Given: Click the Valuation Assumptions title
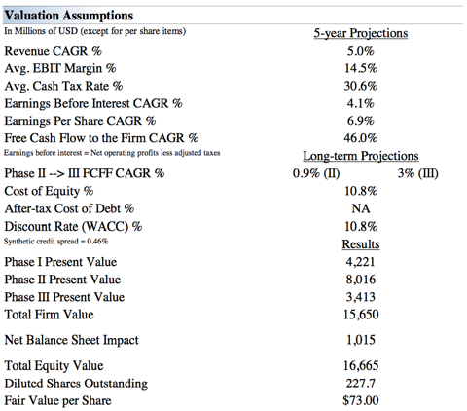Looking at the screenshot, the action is click(x=69, y=16).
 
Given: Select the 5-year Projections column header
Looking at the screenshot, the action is click(x=361, y=33).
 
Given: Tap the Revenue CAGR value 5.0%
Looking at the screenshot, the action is click(x=361, y=51).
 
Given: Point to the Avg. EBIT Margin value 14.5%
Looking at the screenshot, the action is click(x=361, y=68).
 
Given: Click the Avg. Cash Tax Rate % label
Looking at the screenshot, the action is click(x=63, y=86).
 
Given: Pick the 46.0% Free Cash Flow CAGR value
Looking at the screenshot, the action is click(x=361, y=138).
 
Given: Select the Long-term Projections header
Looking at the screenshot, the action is click(x=361, y=156).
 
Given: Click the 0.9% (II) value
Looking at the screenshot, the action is click(x=316, y=173).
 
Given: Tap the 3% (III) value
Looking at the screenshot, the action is click(x=418, y=173).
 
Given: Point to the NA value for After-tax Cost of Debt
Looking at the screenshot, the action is click(x=361, y=208).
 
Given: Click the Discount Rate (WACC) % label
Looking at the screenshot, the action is click(x=73, y=226).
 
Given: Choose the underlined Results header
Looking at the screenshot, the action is click(x=361, y=244).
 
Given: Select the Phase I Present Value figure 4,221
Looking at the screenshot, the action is click(x=361, y=262).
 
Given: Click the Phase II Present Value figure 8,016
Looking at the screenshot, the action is click(x=361, y=280).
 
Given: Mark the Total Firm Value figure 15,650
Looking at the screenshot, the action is click(x=361, y=315).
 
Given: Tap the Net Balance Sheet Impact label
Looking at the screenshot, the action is click(x=71, y=340).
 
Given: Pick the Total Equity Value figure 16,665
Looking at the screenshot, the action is click(x=361, y=366).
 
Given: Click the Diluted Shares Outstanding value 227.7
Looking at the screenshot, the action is click(x=361, y=384).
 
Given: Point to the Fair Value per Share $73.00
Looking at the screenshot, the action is click(x=361, y=400).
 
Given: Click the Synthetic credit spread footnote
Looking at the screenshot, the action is click(x=55, y=242).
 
